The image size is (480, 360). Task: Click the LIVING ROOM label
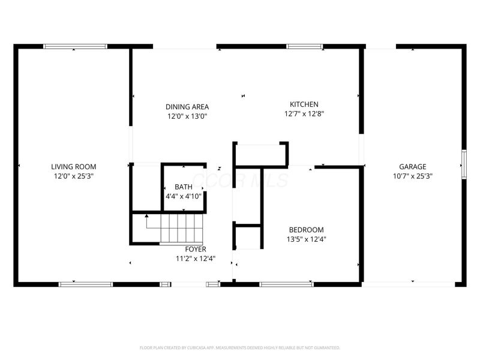tap(73, 167)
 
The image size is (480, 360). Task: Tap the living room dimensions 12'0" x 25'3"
tap(73, 176)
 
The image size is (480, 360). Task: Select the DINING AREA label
tap(187, 107)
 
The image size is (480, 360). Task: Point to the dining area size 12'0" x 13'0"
tap(187, 116)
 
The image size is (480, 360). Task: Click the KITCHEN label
tap(304, 104)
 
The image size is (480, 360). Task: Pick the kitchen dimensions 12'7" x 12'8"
tap(304, 113)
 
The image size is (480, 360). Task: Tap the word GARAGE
tap(413, 167)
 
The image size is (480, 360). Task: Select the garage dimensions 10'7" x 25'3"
tap(413, 176)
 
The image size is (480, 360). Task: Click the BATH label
tap(184, 187)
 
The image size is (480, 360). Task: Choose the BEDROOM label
tap(306, 230)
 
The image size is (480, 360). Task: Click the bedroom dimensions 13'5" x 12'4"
tap(306, 239)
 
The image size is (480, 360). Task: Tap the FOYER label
tap(195, 249)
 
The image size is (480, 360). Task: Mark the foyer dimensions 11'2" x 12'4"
tap(195, 259)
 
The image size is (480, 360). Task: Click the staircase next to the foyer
tap(178, 229)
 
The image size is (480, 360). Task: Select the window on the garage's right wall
tap(463, 164)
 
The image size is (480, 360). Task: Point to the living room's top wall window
tap(76, 46)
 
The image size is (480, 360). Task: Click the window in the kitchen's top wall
tap(305, 46)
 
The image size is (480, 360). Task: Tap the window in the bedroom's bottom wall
tap(286, 284)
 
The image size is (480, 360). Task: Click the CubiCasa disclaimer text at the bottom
tap(240, 347)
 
